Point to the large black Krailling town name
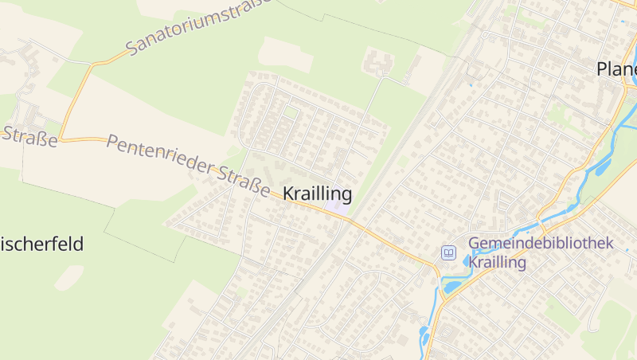coord(317,194)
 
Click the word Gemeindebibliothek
coord(541,244)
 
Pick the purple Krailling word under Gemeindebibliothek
coord(498,262)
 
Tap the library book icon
coord(449,253)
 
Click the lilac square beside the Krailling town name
coord(334,206)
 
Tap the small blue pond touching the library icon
coord(467,260)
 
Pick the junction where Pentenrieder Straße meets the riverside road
coord(436,267)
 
